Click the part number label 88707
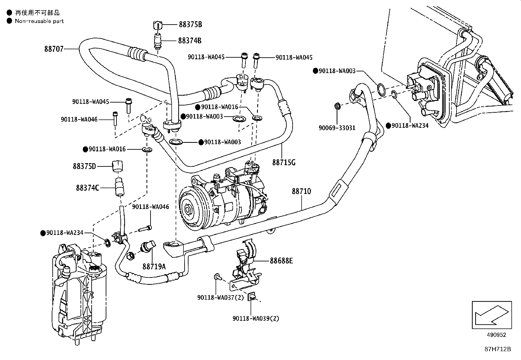pos(54,49)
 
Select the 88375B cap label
pos(190,24)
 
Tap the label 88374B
pos(189,40)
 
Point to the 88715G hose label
pos(283,162)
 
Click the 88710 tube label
pos(301,191)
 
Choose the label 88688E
pos(281,261)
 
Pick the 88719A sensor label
pos(154,267)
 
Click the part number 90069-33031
pos(337,128)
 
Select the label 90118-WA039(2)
pos(256,318)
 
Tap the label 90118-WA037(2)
pos(221,297)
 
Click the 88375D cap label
pos(84,166)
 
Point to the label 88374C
pos(87,188)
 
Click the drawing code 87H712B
pos(497,349)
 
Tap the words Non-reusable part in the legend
pos(39,21)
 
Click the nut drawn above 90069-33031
pos(337,106)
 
